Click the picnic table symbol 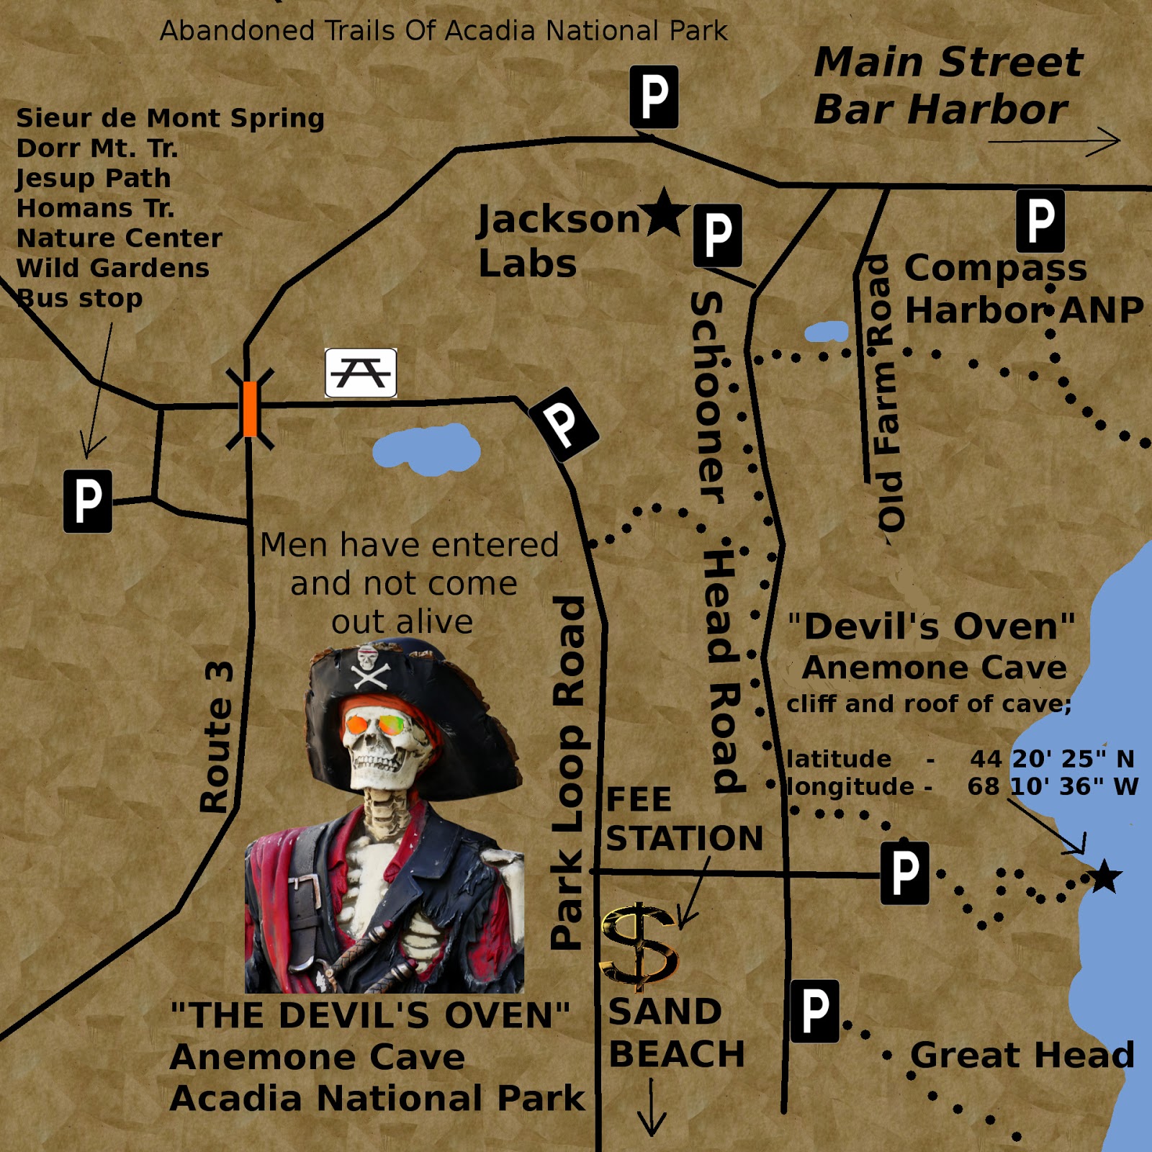click(x=361, y=372)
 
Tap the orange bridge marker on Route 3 click(x=250, y=409)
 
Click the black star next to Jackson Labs click(x=664, y=213)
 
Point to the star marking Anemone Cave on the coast click(x=1104, y=877)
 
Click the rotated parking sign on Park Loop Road click(x=564, y=423)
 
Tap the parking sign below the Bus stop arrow click(x=88, y=501)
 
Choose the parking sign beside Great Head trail click(x=815, y=1011)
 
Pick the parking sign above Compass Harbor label click(x=1040, y=221)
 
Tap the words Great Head click(x=1022, y=1056)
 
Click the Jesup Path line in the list click(x=94, y=178)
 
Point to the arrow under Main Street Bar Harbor click(x=1054, y=141)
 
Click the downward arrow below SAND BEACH click(x=652, y=1107)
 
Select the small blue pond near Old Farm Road click(x=827, y=331)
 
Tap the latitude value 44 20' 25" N click(x=1051, y=758)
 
